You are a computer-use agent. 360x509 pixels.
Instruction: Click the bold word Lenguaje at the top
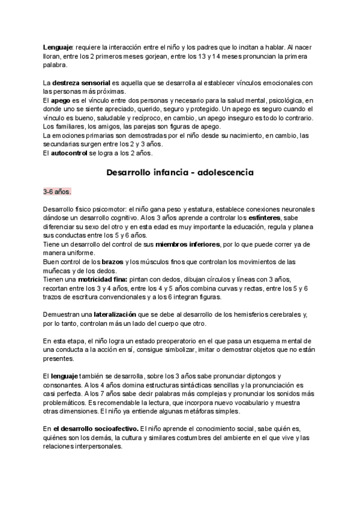(58, 47)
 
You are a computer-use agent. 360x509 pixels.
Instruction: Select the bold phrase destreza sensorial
(80, 82)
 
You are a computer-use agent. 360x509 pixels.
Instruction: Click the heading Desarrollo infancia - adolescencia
(179, 172)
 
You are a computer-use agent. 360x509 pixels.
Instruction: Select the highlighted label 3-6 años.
(57, 192)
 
